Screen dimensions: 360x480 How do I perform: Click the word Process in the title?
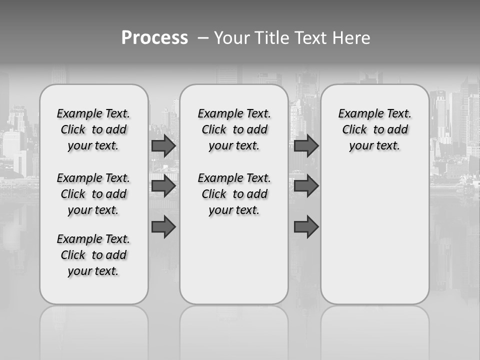coord(154,38)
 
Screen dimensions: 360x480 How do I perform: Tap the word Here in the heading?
coord(351,38)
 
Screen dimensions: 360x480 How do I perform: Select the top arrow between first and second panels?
coord(163,146)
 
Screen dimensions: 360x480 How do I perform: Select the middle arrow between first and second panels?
coord(163,186)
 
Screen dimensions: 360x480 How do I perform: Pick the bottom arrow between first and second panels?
coord(163,226)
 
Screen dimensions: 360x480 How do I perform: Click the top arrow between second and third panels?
coord(306,146)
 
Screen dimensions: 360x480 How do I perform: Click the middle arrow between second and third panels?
coord(306,186)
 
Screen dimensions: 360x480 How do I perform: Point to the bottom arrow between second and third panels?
coord(306,226)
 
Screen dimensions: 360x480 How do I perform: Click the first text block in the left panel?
coord(93,129)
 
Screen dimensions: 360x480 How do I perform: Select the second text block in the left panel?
coord(93,194)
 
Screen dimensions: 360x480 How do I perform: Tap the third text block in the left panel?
coord(93,255)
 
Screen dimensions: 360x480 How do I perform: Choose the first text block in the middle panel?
coord(234,129)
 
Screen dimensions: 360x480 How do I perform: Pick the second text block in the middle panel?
coord(234,194)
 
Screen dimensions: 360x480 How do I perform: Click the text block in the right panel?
coord(375,129)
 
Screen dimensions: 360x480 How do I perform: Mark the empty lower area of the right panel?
coord(375,240)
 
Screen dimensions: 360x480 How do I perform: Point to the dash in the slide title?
coord(203,38)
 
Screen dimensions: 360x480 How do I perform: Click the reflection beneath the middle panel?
coord(234,325)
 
